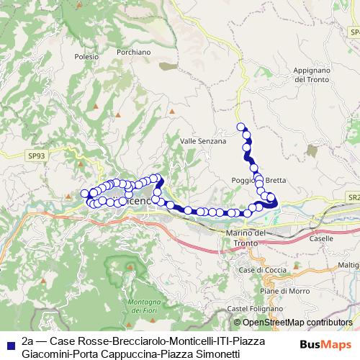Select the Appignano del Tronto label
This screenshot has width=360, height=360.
[x=312, y=75]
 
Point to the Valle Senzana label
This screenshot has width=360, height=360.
[x=203, y=141]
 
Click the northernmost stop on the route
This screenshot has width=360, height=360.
[x=241, y=127]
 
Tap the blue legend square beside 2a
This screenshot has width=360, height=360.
[x=9, y=341]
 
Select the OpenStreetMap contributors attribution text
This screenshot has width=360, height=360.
[x=293, y=323]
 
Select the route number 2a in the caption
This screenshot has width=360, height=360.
[x=27, y=341]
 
